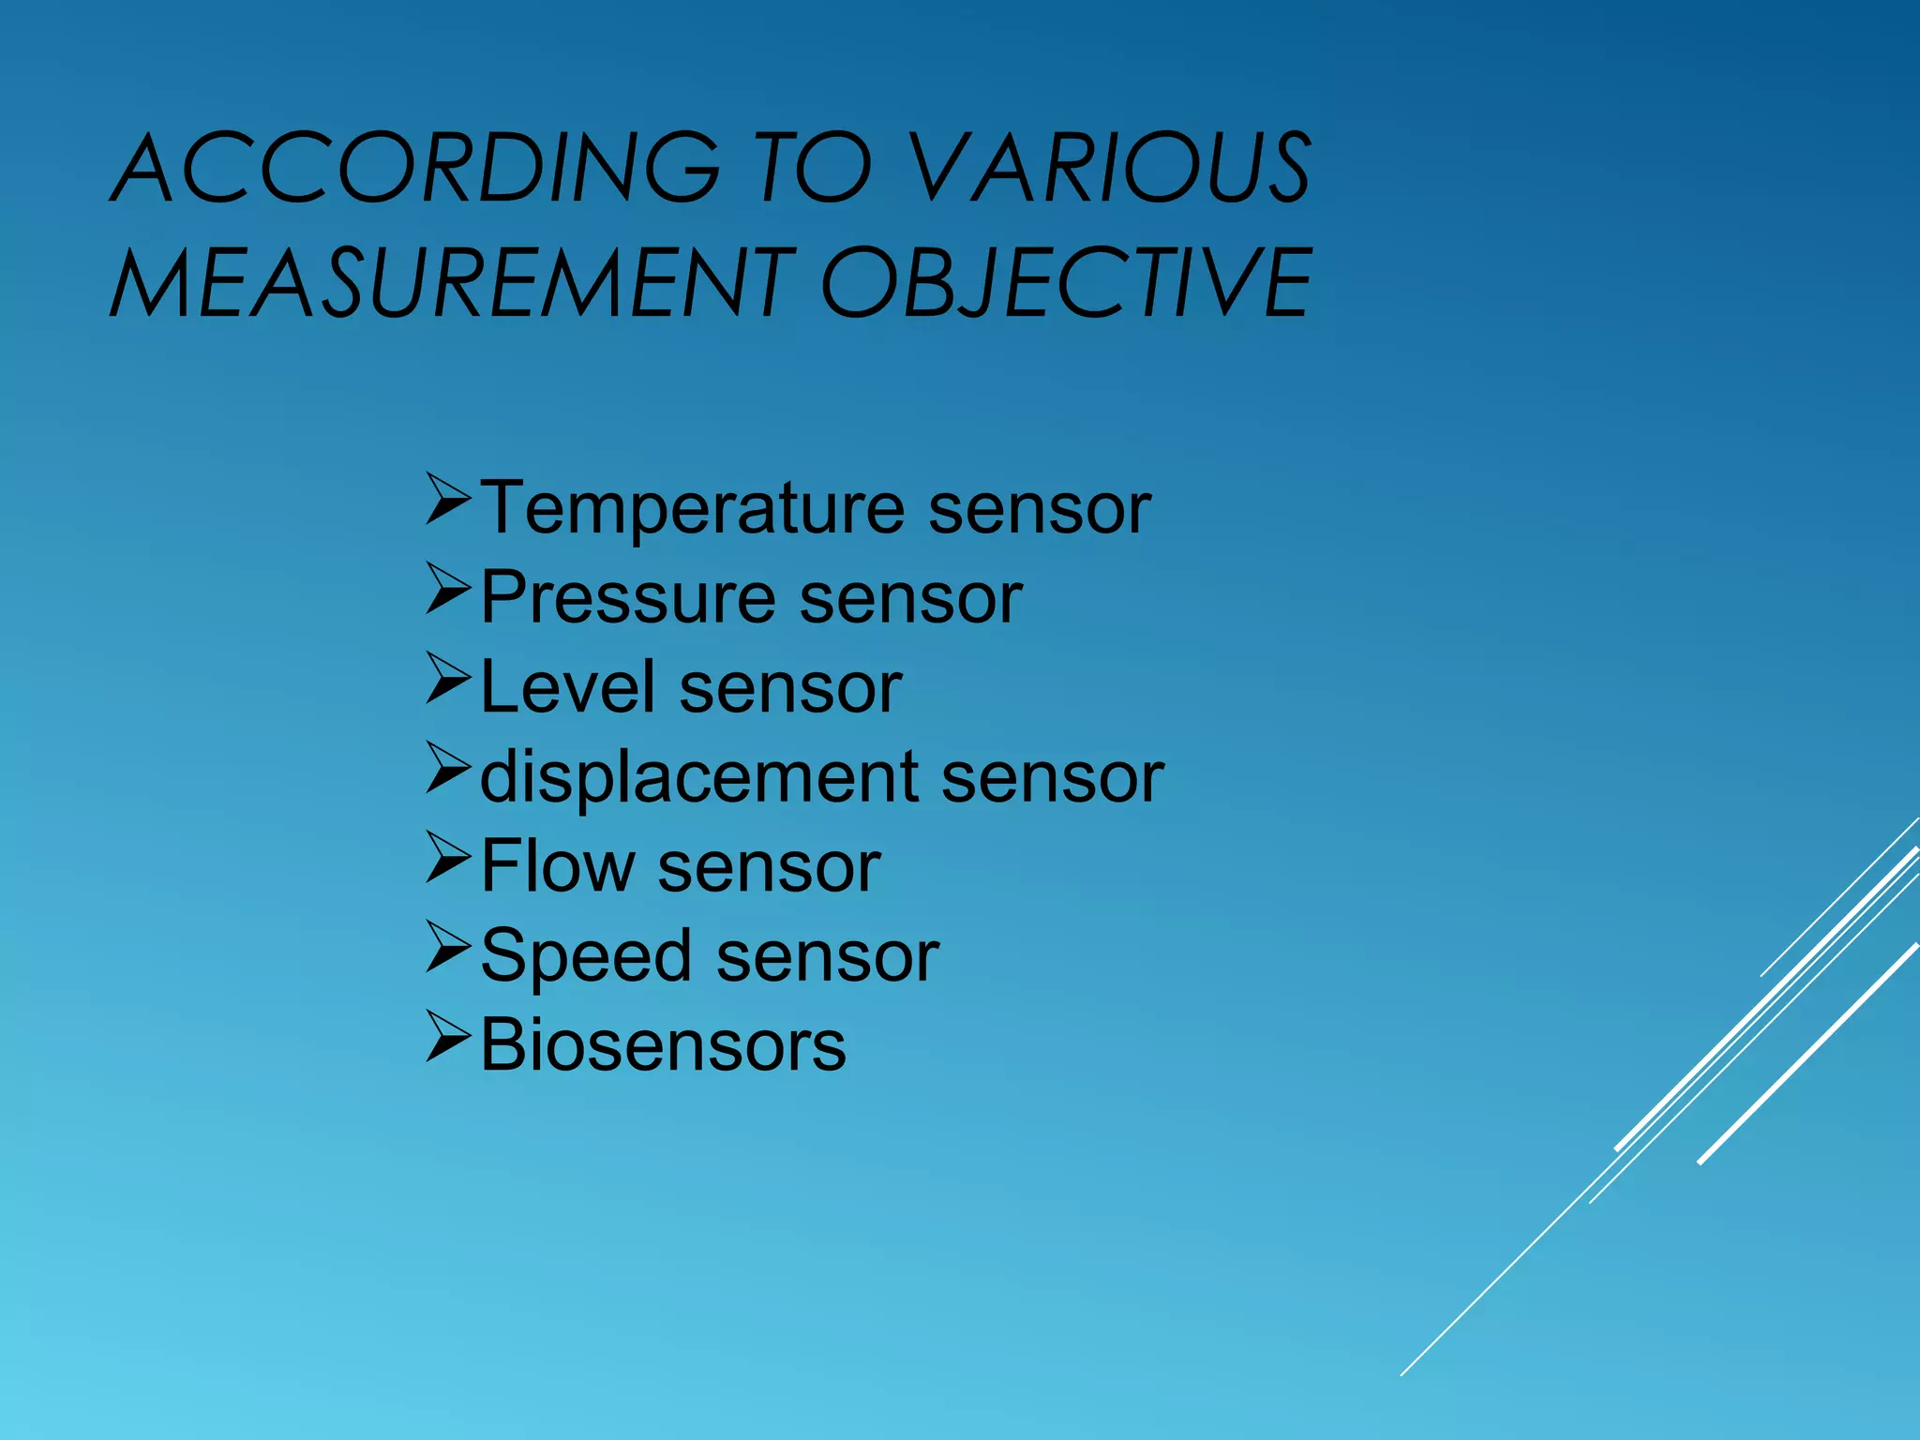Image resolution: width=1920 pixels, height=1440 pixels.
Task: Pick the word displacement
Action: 699,777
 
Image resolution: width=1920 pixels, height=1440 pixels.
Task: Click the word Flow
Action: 557,866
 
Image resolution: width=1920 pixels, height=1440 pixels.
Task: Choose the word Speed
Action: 586,956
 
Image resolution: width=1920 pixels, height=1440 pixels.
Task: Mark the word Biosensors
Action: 663,1044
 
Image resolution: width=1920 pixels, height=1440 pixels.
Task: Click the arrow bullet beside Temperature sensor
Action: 447,499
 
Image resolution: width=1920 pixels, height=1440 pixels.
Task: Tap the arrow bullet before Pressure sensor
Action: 447,589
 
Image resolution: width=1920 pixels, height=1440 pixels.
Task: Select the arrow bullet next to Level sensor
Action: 447,678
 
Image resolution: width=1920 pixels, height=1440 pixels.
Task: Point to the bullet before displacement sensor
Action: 447,767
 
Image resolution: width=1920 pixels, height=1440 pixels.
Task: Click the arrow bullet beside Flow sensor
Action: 447,857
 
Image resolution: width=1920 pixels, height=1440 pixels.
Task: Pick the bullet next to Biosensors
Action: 447,1036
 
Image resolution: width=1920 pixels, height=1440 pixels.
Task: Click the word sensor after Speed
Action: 828,958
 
